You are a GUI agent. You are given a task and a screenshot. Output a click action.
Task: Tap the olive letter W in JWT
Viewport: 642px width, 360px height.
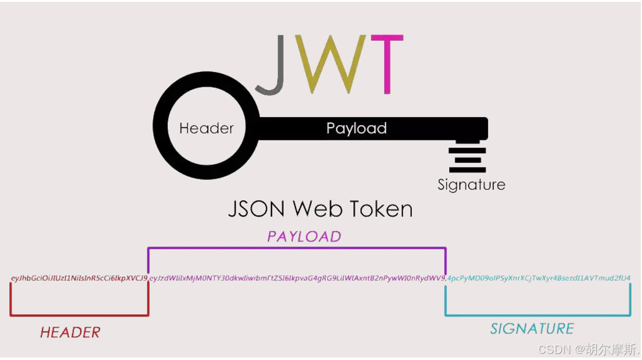click(x=330, y=64)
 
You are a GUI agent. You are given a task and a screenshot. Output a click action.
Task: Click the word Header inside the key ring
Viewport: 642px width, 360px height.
click(x=206, y=128)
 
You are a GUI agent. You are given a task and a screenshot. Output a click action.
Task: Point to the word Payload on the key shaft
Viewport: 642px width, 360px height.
click(x=356, y=128)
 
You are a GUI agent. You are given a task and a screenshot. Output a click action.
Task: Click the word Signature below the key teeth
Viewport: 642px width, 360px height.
click(x=471, y=184)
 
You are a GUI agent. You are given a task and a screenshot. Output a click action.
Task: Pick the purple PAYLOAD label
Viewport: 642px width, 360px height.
click(x=304, y=236)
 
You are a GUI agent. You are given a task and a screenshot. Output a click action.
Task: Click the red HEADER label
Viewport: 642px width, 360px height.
click(x=70, y=333)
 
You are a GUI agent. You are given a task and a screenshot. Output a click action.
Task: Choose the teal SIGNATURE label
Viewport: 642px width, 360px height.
click(x=532, y=329)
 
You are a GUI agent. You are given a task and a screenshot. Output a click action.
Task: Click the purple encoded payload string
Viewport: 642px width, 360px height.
click(x=297, y=278)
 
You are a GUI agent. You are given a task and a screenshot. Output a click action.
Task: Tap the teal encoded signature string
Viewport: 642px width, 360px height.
click(x=539, y=278)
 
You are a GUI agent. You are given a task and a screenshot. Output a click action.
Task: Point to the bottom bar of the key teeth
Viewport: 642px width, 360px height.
click(x=467, y=170)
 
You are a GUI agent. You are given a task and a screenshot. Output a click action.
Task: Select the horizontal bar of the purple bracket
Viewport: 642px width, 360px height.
click(x=297, y=248)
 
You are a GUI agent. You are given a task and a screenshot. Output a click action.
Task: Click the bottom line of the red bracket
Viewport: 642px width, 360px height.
click(x=79, y=315)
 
